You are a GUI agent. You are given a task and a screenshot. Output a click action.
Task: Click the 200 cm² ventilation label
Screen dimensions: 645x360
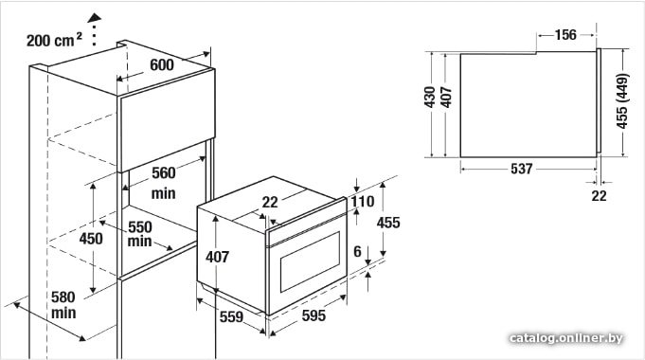pos(54,40)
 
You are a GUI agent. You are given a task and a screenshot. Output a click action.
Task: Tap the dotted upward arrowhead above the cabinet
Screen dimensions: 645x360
pos(95,18)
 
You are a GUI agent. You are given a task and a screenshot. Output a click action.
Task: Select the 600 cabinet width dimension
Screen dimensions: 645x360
pos(162,64)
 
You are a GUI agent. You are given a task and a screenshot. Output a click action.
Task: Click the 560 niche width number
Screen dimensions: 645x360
pos(163,172)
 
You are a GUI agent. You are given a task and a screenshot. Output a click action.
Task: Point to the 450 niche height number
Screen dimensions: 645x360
pos(91,238)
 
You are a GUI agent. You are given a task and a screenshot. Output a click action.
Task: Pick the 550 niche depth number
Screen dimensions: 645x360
pos(140,226)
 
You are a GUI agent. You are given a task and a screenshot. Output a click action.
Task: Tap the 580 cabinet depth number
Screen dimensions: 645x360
pos(63,297)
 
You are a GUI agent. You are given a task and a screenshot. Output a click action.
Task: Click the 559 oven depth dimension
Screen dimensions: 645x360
pos(231,316)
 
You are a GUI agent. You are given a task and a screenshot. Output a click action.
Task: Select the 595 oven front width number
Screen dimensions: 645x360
pos(314,315)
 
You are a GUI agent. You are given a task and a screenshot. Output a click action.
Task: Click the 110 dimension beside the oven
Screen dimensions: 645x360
pos(363,202)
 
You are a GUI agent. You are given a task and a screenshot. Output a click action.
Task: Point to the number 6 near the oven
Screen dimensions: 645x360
pos(357,251)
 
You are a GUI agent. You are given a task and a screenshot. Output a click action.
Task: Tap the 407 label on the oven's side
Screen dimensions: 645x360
pos(217,257)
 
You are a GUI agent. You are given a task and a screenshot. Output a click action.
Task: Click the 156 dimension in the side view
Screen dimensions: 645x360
pos(565,34)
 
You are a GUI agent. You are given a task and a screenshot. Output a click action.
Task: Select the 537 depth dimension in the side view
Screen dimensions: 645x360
pos(521,169)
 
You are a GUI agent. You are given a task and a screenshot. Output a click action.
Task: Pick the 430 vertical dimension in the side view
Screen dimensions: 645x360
pos(430,97)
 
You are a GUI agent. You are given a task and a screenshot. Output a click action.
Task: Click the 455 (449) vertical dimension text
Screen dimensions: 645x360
pos(622,100)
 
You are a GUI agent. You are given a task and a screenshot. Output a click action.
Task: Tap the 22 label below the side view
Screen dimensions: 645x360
pos(599,195)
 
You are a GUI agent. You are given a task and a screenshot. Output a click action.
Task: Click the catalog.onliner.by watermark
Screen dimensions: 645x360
pos(565,338)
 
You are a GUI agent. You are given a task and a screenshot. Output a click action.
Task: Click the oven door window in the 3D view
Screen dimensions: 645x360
pos(310,262)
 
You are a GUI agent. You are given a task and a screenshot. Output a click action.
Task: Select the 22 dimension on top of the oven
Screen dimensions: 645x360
pos(270,202)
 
